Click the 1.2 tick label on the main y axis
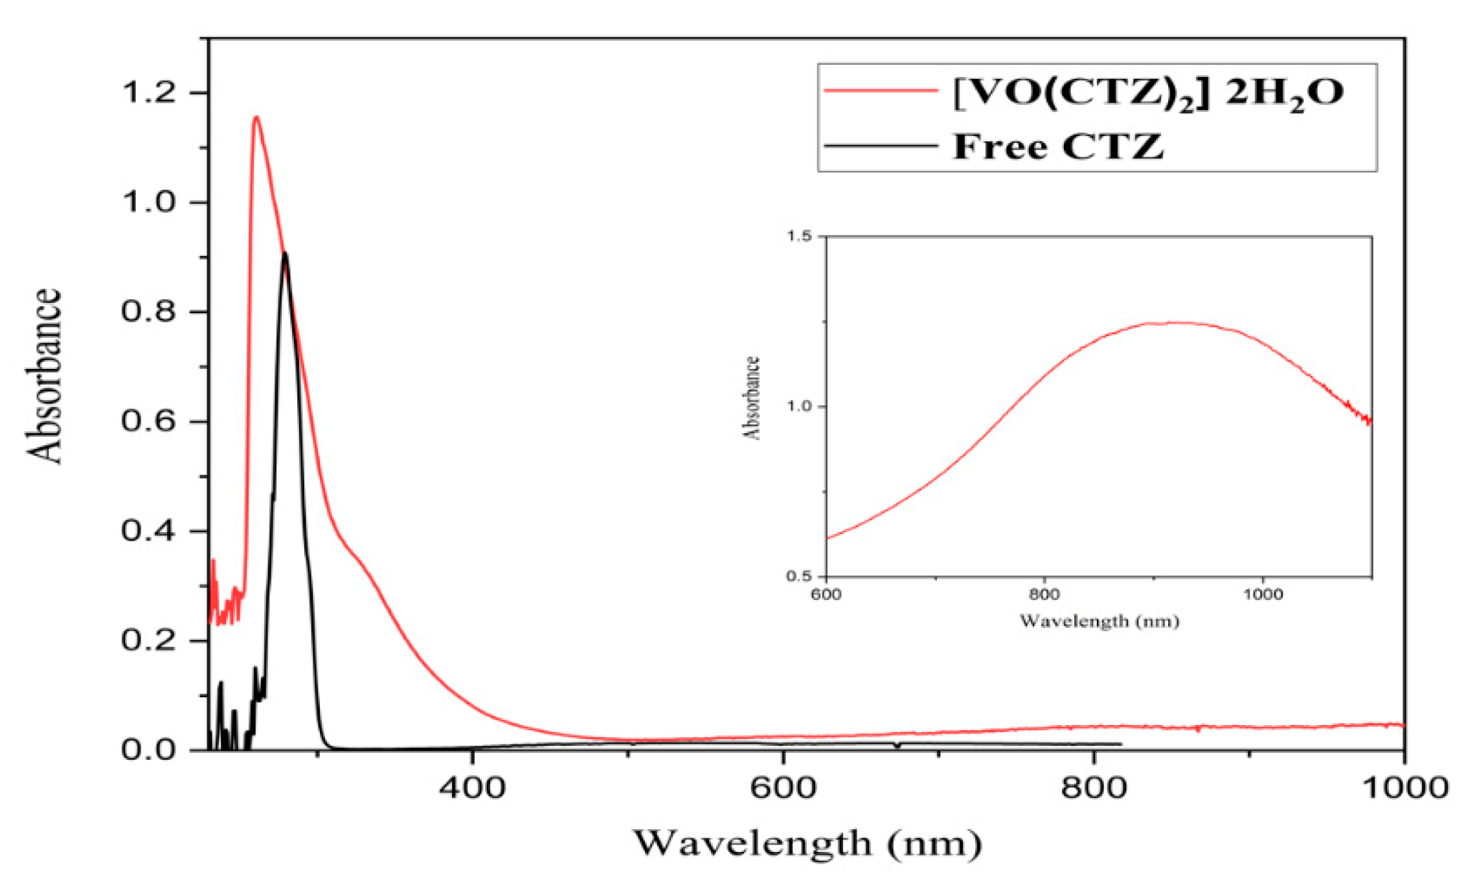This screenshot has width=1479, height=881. point(148,93)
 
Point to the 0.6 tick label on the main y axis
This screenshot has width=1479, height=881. point(148,421)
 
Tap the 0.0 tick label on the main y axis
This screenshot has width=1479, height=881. point(148,750)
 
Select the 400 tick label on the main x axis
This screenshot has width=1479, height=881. point(471,788)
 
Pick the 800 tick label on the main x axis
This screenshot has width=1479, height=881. point(1093,788)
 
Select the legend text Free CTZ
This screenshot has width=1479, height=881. point(1058,146)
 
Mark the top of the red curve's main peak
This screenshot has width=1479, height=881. point(256,117)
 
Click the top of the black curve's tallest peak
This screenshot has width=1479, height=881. point(285,253)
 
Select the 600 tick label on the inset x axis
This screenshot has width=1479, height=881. point(826,594)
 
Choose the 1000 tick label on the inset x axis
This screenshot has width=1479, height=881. point(1262,594)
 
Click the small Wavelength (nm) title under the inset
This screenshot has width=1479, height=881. point(1099,621)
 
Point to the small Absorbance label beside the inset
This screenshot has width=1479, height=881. point(751,398)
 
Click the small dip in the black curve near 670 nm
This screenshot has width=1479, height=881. point(897,746)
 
